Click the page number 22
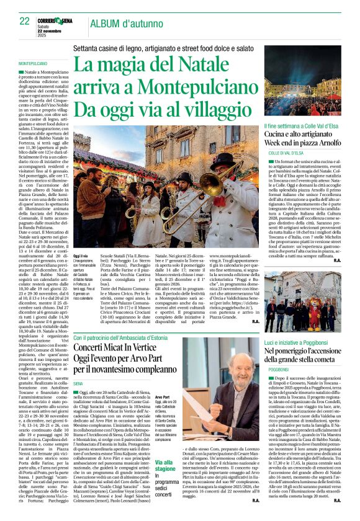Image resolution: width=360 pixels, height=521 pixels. [24, 22]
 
